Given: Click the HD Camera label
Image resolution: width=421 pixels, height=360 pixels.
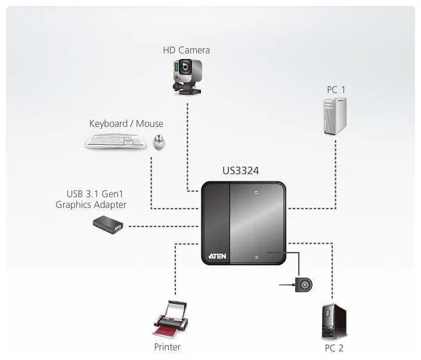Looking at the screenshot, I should coord(186,50).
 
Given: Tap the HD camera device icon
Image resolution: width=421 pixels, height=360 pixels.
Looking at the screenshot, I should coord(186,76).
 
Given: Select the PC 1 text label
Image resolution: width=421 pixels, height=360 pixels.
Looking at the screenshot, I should coord(336,89).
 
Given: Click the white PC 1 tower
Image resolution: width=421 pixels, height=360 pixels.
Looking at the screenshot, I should coord(335,116).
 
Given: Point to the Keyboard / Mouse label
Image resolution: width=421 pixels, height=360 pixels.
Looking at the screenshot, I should coord(126,124).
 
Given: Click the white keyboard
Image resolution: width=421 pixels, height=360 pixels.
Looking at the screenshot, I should coord(116,141).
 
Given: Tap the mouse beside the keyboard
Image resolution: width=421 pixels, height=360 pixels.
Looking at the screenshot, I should coord(159,141).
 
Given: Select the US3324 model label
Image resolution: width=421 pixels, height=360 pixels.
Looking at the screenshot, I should coord(240,171).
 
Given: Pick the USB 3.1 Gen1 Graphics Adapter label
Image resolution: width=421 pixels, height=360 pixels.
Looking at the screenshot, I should coord(91,200).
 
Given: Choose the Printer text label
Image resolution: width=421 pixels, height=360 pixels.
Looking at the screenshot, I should coord(167,346).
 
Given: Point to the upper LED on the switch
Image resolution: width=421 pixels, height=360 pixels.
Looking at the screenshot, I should coord(255,193).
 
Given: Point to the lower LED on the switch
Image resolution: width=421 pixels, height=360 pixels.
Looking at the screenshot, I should coord(255,256).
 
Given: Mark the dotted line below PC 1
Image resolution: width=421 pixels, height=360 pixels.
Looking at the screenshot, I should coord(336,173).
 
